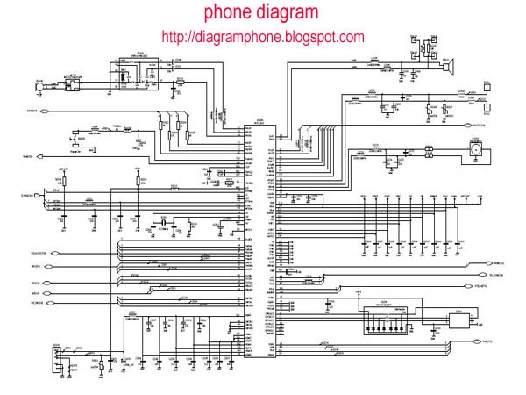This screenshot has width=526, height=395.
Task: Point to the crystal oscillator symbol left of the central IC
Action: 164,226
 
